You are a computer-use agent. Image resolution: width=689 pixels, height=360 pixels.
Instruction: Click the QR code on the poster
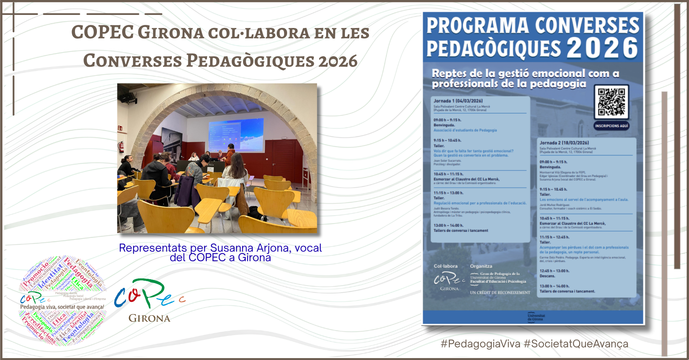click(x=611, y=102)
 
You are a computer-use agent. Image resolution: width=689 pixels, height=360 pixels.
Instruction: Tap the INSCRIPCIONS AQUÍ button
click(x=611, y=126)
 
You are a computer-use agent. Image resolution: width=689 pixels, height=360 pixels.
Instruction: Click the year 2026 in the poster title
click(x=602, y=48)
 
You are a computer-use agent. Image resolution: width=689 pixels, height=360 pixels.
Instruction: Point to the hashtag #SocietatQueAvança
click(x=576, y=344)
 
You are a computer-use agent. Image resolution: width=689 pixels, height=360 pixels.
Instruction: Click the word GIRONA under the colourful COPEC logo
click(x=149, y=318)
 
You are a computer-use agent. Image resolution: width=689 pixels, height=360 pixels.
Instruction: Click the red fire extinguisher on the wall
click(x=121, y=147)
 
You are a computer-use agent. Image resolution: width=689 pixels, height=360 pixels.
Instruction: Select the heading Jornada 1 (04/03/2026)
click(x=458, y=101)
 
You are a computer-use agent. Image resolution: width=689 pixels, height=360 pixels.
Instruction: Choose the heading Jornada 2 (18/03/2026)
click(x=564, y=143)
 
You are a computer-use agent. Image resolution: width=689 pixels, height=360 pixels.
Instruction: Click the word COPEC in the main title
click(x=103, y=32)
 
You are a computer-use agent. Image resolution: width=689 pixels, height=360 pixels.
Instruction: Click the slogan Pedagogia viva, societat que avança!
click(x=62, y=307)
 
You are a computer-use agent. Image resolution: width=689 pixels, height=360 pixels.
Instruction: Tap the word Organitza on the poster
click(x=481, y=266)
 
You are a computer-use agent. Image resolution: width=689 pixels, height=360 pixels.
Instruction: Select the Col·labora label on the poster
click(x=445, y=266)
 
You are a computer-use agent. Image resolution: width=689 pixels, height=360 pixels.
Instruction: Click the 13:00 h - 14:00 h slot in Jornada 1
click(x=448, y=226)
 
